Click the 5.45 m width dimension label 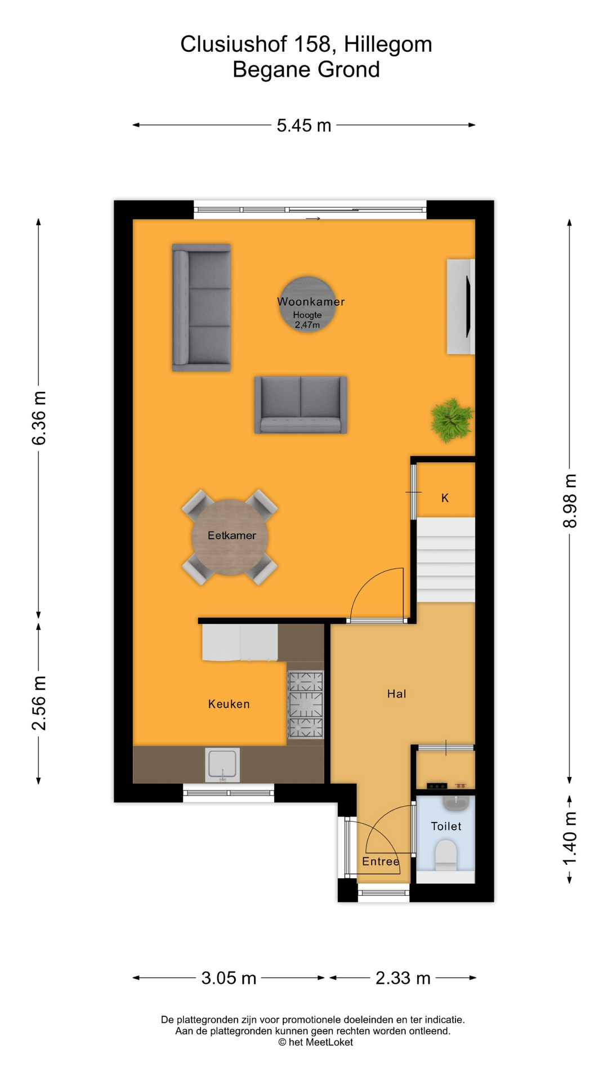pos(303,125)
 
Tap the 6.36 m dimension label pos(38,418)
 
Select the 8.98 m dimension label pos(570,501)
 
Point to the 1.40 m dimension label pos(570,839)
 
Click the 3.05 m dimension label pos(229,978)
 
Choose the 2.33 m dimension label pos(403,978)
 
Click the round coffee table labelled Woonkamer pos(307,305)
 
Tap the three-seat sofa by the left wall pos(202,307)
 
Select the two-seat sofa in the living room pos(301,405)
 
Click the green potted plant pos(451,420)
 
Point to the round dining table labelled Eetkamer pos(230,537)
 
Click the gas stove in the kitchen pos(306,704)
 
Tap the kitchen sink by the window pos(222,765)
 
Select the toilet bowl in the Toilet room pos(446,854)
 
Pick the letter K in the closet pos(445,498)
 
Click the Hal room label pos(396,694)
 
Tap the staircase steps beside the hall pos(446,560)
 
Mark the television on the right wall pos(468,307)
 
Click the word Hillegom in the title pos(388,44)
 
